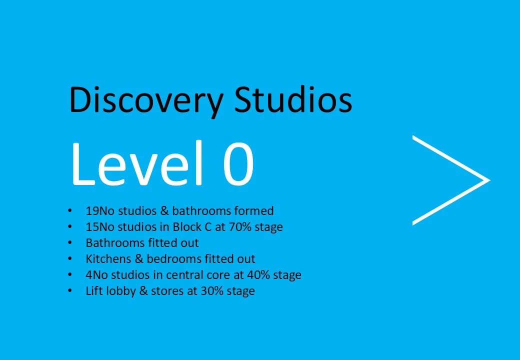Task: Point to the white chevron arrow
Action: tap(450, 179)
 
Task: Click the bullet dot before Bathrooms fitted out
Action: tap(72, 243)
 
